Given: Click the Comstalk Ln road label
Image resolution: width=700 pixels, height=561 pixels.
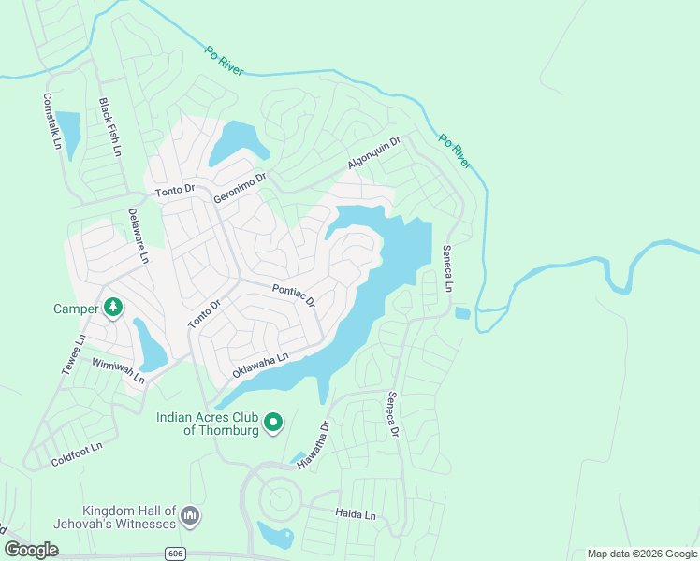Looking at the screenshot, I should (51, 122).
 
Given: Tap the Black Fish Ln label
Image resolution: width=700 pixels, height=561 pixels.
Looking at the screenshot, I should (110, 127).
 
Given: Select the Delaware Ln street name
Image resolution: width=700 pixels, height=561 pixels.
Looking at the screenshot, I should (138, 236).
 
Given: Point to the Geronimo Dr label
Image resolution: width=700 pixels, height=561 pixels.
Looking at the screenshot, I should (241, 187).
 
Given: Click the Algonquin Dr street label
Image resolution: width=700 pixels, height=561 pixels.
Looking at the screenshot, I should (373, 152).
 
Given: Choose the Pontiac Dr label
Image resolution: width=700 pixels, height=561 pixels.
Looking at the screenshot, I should (294, 296).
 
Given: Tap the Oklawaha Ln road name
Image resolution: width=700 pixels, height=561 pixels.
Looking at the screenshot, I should (260, 364).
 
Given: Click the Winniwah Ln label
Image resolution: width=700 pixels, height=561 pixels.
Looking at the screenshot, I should (118, 371).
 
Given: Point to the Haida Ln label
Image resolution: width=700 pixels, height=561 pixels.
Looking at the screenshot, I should (356, 514).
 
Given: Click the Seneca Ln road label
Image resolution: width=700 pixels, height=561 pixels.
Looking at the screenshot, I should (448, 268).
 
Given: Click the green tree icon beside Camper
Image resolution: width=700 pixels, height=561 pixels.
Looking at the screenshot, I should (113, 308).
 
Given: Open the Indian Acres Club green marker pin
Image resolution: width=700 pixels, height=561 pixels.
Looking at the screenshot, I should (273, 424).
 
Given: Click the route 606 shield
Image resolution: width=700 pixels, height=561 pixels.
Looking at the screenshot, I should (175, 554).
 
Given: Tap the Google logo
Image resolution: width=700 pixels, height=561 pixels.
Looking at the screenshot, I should (32, 550).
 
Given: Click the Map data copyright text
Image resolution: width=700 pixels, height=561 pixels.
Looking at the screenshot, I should (641, 554).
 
